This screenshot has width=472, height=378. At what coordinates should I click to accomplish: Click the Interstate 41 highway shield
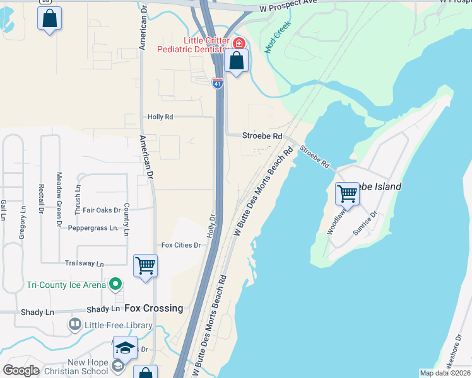(217, 83)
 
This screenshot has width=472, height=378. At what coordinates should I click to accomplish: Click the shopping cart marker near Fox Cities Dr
(145, 265)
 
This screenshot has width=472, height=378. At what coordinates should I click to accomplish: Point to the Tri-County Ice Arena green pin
(115, 285)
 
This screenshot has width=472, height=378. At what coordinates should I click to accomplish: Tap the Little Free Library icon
(75, 325)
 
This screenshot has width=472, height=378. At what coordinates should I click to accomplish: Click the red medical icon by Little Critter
(239, 43)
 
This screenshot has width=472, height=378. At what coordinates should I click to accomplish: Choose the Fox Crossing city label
(153, 308)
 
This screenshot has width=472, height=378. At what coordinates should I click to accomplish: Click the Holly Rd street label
(160, 117)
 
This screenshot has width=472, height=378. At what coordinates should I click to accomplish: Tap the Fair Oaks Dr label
(102, 210)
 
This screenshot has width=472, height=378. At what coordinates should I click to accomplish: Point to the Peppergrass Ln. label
(93, 227)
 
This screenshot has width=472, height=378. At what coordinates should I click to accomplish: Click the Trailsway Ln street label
(84, 263)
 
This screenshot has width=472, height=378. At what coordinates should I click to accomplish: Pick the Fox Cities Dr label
(180, 245)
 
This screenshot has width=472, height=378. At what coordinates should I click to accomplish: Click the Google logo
(21, 370)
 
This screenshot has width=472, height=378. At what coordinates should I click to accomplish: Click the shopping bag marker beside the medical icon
(236, 61)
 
